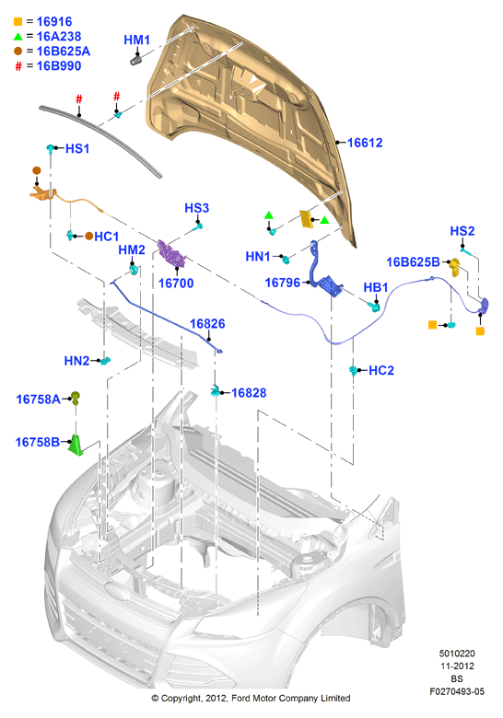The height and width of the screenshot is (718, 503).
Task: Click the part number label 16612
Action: click(365, 143)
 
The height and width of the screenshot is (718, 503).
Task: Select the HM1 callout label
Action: click(137, 41)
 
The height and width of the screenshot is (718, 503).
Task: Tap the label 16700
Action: click(176, 284)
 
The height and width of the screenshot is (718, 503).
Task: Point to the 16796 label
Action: click(283, 283)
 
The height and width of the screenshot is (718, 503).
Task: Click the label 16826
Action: click(207, 324)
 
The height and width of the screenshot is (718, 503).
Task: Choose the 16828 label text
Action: click(249, 393)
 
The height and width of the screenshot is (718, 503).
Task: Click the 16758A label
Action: click(38, 400)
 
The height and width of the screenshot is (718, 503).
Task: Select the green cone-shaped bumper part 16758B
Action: click(76, 446)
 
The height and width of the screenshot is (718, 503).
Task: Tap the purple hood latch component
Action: click(171, 254)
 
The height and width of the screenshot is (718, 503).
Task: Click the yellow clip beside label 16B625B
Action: click(455, 267)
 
